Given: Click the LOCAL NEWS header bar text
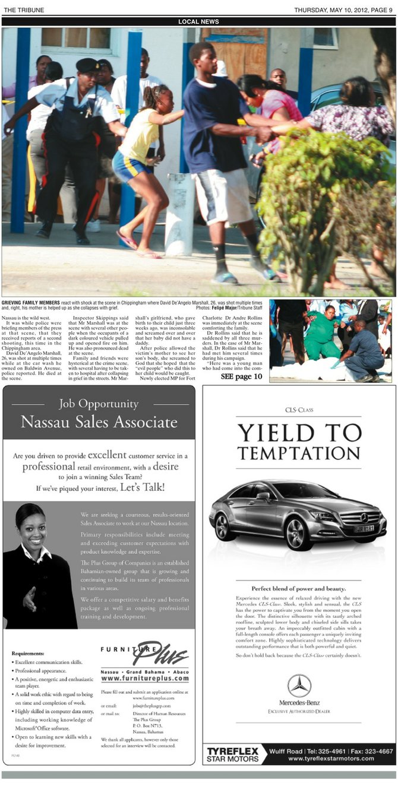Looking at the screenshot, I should coord(198,22).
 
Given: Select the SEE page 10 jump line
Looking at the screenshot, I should coord(241,376).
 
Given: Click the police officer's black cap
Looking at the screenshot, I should coord(89,64).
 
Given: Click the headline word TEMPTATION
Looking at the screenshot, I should coord(299,453).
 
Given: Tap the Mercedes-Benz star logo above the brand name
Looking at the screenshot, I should coord(299,686).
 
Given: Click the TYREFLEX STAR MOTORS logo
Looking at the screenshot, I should coord(233,754).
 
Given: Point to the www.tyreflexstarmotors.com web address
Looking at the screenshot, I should coord(331,759).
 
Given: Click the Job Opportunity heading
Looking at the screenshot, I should coord(99,404).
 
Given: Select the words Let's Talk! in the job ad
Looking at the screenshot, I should coord(142,488).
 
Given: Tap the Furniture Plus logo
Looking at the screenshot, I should coord(144,653).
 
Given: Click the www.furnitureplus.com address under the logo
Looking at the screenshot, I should coord(145,678).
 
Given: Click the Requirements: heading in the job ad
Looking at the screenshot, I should coord(29,653).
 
